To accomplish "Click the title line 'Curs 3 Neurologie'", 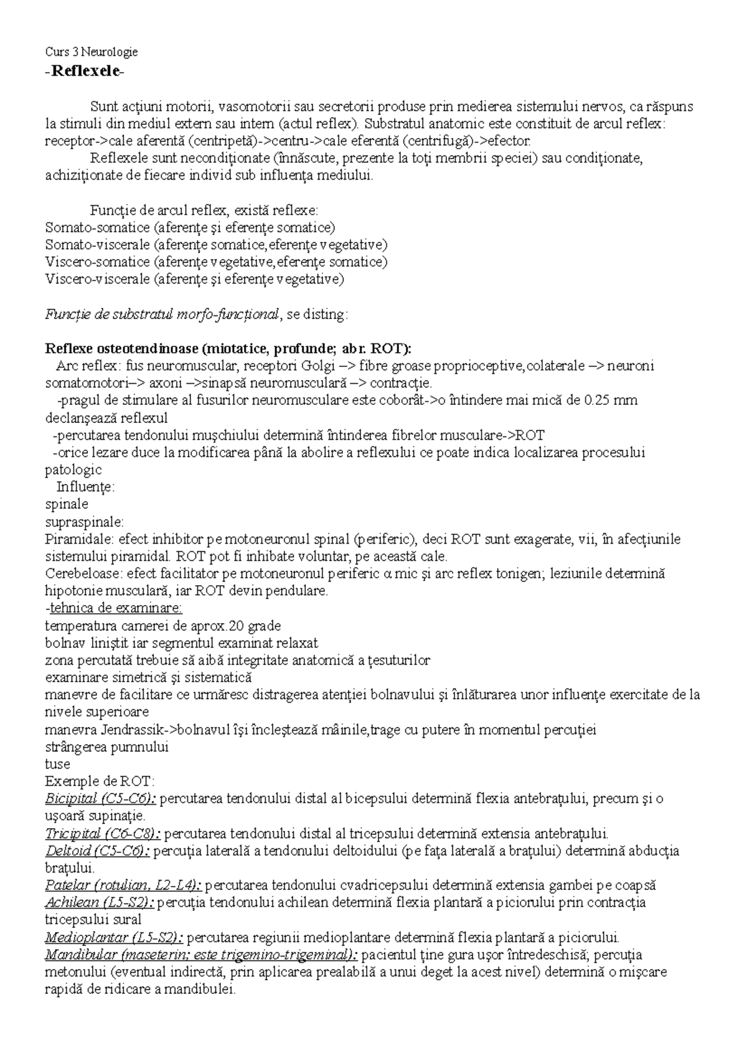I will pos(92,52).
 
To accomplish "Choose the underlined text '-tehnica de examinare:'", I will pos(115,608).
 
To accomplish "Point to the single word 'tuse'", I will pos(58,764).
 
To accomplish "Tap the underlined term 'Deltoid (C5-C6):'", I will pos(98,851).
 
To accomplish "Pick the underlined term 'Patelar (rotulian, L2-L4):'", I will pos(124,886).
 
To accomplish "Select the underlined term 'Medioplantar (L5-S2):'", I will pos(114,937).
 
